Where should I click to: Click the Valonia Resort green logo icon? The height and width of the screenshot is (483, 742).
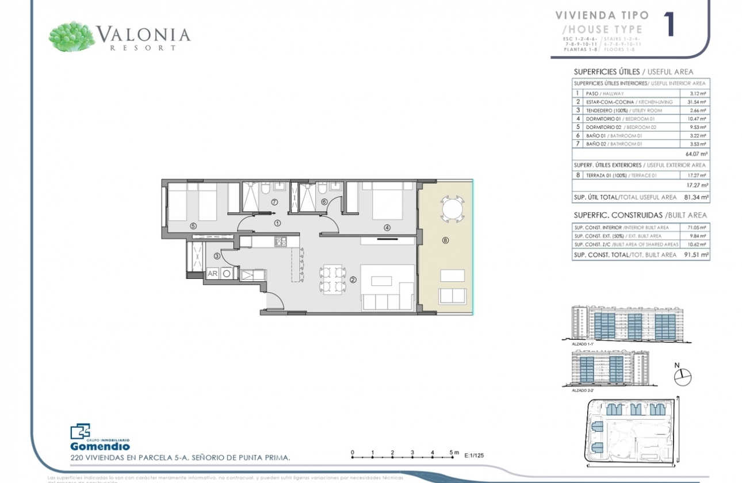click(72, 37)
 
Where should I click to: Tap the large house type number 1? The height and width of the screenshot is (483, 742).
click(669, 25)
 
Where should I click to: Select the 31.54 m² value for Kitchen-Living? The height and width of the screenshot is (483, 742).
click(698, 102)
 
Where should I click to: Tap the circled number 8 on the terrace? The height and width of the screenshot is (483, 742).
click(445, 241)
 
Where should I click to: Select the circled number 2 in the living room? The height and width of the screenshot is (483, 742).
click(353, 280)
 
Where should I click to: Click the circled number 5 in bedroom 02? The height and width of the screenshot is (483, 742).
click(193, 226)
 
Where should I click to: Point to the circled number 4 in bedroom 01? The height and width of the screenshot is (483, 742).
click(387, 228)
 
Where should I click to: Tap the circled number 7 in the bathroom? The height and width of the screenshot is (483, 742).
click(274, 202)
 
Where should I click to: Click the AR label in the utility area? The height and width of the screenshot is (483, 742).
click(212, 274)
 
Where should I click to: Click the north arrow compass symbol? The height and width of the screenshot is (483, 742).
click(682, 377)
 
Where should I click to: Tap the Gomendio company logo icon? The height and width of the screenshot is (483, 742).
click(80, 432)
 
